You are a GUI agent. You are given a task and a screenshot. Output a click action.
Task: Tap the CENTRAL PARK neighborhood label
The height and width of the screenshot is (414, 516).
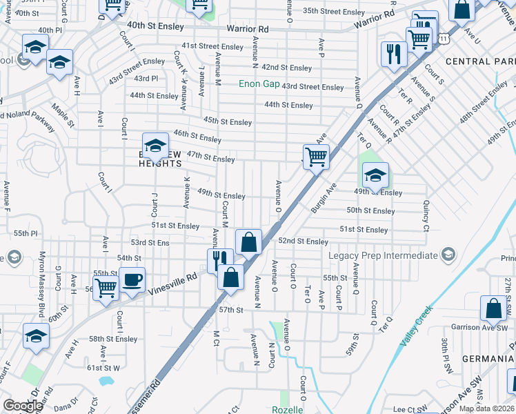pyautogui.click(x=480, y=61)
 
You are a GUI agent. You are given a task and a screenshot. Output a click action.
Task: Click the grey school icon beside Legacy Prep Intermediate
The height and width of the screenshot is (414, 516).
pyautogui.click(x=450, y=255)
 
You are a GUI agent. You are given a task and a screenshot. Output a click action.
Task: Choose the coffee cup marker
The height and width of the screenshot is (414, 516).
pyautogui.click(x=132, y=280)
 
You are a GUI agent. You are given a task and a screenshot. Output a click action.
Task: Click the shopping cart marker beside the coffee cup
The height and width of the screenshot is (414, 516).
pyautogui.click(x=105, y=287)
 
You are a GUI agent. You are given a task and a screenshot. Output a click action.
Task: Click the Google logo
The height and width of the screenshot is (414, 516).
pyautogui.click(x=22, y=406)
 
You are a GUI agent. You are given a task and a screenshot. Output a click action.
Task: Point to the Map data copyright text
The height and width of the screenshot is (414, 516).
pyautogui.click(x=486, y=408)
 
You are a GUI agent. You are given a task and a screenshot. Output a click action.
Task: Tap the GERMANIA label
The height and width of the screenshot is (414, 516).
pyautogui.click(x=490, y=359)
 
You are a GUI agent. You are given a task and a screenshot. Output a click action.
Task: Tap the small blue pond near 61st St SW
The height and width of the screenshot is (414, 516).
pyautogui.click(x=106, y=380)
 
